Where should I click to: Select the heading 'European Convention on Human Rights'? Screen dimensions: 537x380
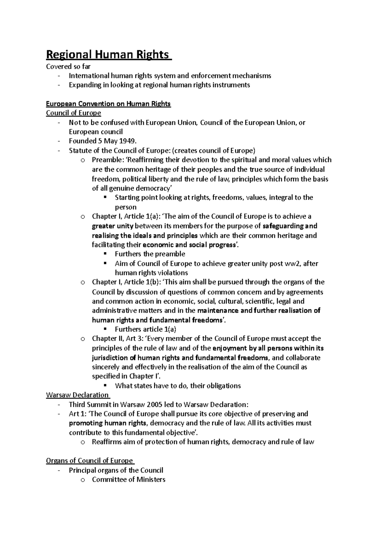(x=108, y=104)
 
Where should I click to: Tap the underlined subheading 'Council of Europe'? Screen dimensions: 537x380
(x=73, y=113)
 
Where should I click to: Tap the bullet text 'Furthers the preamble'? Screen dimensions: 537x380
(x=150, y=254)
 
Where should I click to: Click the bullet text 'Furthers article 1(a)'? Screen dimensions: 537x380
(x=145, y=329)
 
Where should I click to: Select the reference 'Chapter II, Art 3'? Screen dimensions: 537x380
(x=116, y=339)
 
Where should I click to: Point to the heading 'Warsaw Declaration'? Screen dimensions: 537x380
(x=77, y=395)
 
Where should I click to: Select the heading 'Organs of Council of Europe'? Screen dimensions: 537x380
(x=89, y=461)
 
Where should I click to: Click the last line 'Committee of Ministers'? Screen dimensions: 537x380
(x=129, y=479)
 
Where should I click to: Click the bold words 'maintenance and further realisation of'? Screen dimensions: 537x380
(x=259, y=311)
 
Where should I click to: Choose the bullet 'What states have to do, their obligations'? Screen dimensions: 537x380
(x=178, y=386)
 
